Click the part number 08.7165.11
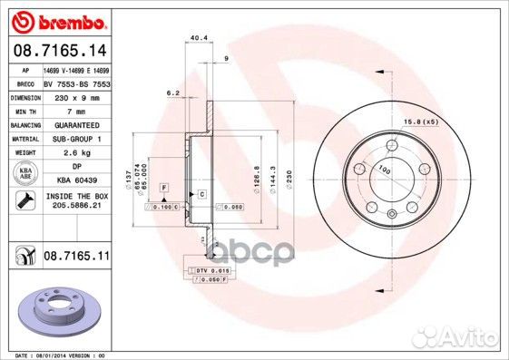pyautogui.click(x=76, y=258)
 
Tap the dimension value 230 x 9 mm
pyautogui.click(x=76, y=96)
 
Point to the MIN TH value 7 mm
pyautogui.click(x=76, y=110)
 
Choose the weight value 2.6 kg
pyautogui.click(x=76, y=152)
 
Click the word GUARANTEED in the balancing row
pyautogui.click(x=76, y=124)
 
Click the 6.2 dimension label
pyautogui.click(x=171, y=92)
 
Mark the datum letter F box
pyautogui.click(x=164, y=186)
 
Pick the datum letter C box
pyautogui.click(x=202, y=195)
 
